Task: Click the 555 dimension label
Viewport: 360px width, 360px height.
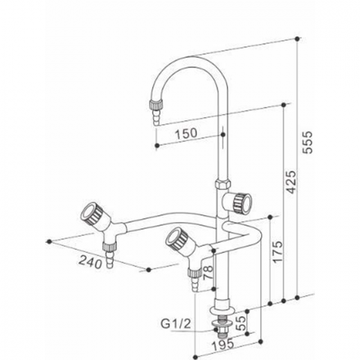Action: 308,142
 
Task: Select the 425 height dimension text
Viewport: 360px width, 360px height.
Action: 291,182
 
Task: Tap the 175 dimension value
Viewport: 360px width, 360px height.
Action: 277,252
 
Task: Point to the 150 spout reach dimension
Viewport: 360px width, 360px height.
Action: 186,134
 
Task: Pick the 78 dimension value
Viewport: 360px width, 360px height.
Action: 208,273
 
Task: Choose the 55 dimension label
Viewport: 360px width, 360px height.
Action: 240,323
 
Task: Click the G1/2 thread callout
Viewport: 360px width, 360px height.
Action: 176,324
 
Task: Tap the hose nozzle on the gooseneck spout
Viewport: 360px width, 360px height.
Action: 156,112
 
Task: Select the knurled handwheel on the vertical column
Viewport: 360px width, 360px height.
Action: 242,202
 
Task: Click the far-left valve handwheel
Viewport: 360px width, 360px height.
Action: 91,213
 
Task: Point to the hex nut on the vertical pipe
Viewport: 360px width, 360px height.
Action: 223,184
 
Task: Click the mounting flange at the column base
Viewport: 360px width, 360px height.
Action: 222,310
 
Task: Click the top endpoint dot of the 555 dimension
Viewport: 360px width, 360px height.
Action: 297,39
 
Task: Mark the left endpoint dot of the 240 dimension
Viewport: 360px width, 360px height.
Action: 49,242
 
